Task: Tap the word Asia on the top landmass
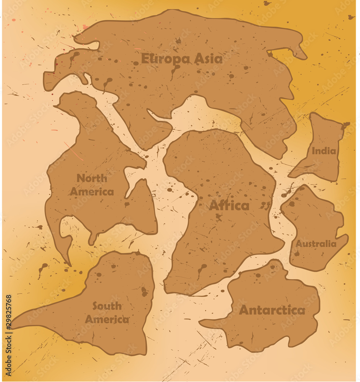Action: pyautogui.click(x=208, y=59)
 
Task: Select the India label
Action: pyautogui.click(x=324, y=151)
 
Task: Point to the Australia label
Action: pyautogui.click(x=316, y=244)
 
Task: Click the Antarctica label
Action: pyautogui.click(x=272, y=310)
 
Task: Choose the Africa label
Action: pyautogui.click(x=229, y=206)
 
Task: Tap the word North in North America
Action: pyautogui.click(x=92, y=178)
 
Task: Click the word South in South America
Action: pyautogui.click(x=107, y=306)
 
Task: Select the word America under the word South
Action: pyautogui.click(x=107, y=319)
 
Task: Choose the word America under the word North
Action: pyautogui.click(x=92, y=192)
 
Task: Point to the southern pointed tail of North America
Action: pyautogui.click(x=69, y=264)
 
